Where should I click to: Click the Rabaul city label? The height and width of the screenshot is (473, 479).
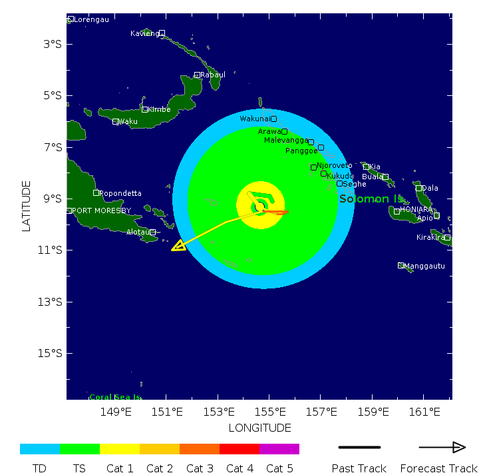pos(213,75)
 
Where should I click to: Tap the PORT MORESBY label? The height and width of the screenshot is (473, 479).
pos(101,211)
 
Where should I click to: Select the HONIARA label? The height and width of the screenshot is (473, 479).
pos(416,209)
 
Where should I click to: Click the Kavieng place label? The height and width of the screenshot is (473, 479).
pos(144,33)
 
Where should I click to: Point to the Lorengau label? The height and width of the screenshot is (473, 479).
pos(91,19)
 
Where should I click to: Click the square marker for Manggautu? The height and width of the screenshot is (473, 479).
pos(401,265)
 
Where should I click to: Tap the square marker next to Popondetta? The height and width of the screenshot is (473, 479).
pos(96,193)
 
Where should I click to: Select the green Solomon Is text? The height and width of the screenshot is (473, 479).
pos(371,199)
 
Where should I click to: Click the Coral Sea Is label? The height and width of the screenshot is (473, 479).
pos(115,397)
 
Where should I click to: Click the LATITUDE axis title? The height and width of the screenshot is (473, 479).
pos(27,206)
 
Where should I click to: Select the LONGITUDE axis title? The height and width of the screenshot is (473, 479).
pos(259,428)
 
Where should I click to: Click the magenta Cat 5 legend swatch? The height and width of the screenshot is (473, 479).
pos(279,449)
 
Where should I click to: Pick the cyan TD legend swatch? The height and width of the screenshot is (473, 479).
pos(40,449)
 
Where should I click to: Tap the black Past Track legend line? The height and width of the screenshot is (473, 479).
pos(359,447)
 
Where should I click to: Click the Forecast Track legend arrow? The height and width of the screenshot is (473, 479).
pos(442,447)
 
